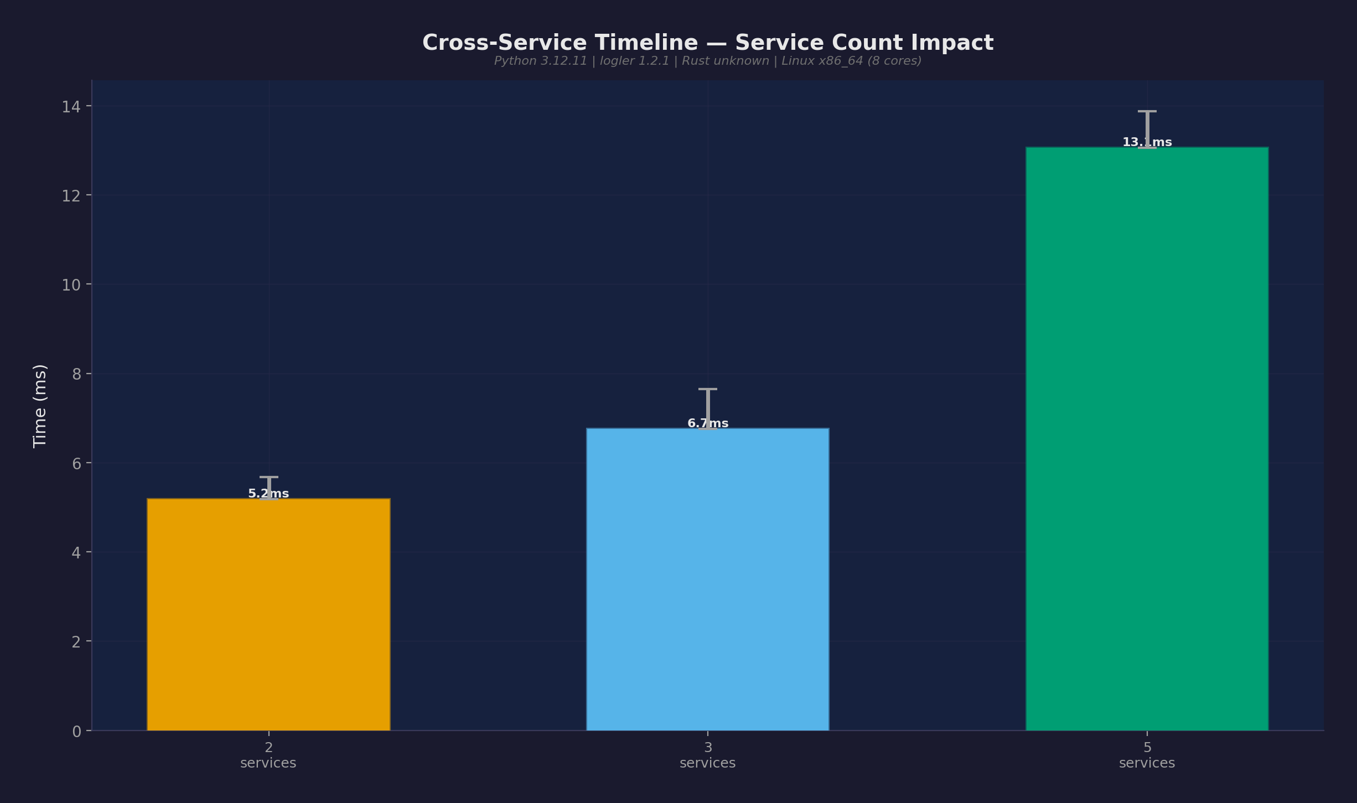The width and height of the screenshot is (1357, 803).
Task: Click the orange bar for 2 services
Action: click(268, 614)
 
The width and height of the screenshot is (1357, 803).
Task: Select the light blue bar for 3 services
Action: click(707, 579)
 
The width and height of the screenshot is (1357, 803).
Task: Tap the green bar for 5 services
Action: click(1147, 438)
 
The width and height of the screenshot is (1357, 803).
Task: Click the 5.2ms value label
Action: click(268, 494)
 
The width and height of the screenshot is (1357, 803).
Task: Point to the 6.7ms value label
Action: click(708, 423)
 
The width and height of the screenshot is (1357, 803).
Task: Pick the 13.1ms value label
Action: click(1147, 142)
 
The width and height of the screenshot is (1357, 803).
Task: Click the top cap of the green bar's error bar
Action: click(1147, 112)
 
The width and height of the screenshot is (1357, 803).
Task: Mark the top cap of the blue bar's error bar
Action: click(707, 390)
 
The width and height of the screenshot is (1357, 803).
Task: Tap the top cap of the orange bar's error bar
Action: click(268, 477)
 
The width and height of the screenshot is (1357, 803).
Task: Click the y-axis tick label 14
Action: click(71, 107)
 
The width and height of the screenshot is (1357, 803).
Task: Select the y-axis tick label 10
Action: click(71, 285)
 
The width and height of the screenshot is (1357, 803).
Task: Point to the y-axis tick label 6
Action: click(76, 464)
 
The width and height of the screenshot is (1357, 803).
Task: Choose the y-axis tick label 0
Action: click(76, 732)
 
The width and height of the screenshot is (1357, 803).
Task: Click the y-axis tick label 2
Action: click(76, 642)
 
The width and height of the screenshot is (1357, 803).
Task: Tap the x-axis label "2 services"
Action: click(268, 755)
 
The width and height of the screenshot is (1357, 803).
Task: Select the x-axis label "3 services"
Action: click(707, 755)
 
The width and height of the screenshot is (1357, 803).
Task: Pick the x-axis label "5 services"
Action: click(1147, 755)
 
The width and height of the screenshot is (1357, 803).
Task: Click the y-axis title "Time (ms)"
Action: click(40, 406)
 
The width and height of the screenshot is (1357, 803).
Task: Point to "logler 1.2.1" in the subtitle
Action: click(634, 61)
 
